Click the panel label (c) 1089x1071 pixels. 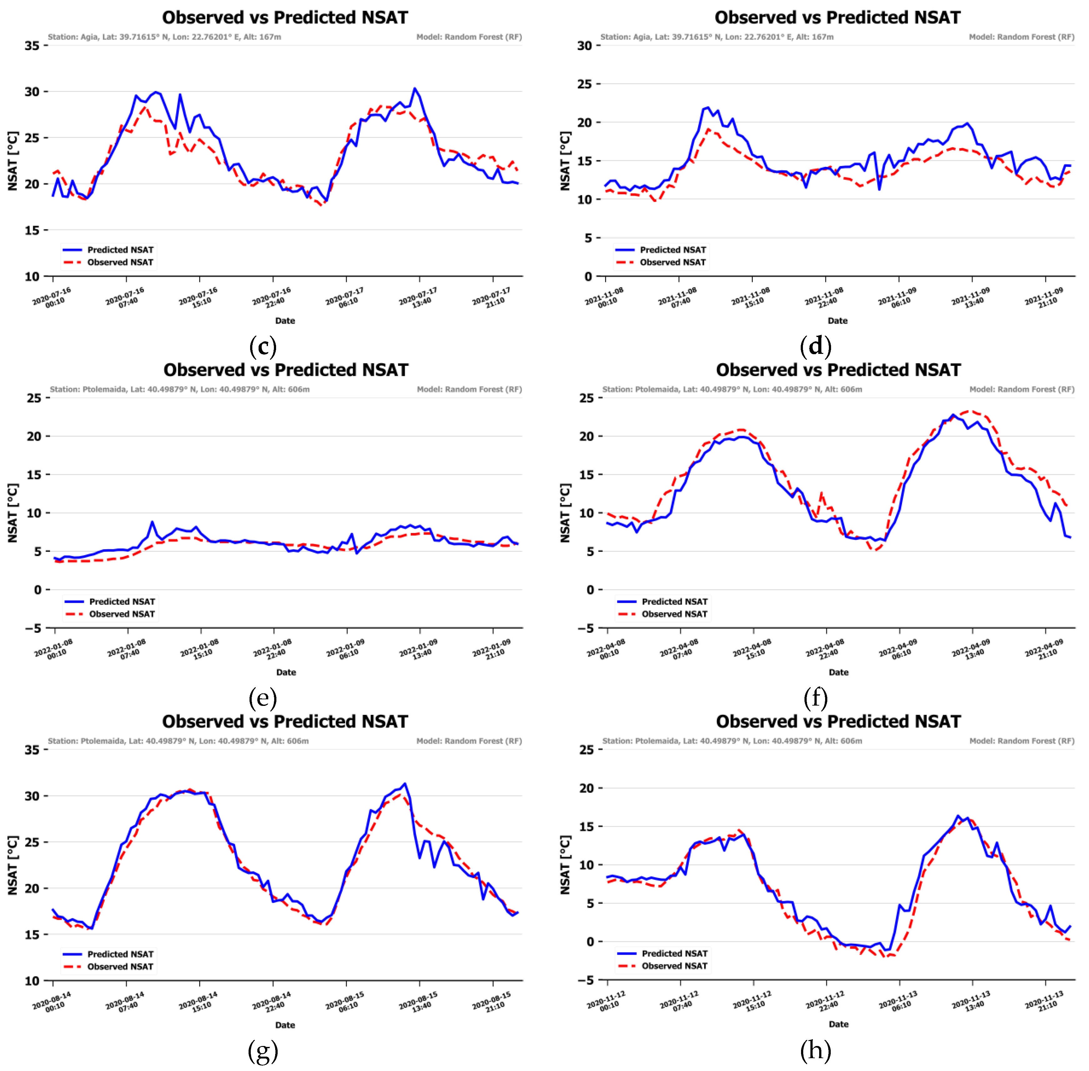tap(263, 346)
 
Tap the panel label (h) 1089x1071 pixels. tap(815, 1050)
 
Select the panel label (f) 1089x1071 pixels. tap(815, 698)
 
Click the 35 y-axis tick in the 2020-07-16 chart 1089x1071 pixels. tap(32, 46)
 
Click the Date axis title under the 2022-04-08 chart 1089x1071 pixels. tap(838, 672)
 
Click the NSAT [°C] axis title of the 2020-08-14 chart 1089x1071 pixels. tap(13, 865)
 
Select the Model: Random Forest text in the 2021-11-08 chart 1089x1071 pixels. tap(1021, 37)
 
